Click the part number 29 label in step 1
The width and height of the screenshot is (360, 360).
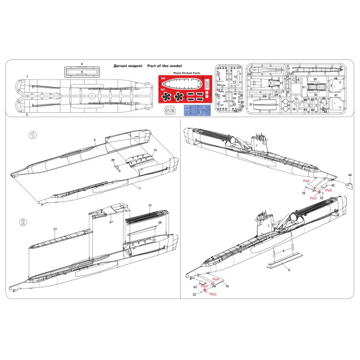(x=112, y=160)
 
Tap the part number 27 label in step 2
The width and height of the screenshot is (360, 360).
(x=111, y=222)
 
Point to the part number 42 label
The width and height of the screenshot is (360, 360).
(x=332, y=186)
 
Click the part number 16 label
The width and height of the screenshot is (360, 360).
(x=304, y=193)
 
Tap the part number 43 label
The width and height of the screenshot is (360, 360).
(x=195, y=287)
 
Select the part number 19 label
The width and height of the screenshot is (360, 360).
(x=227, y=287)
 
